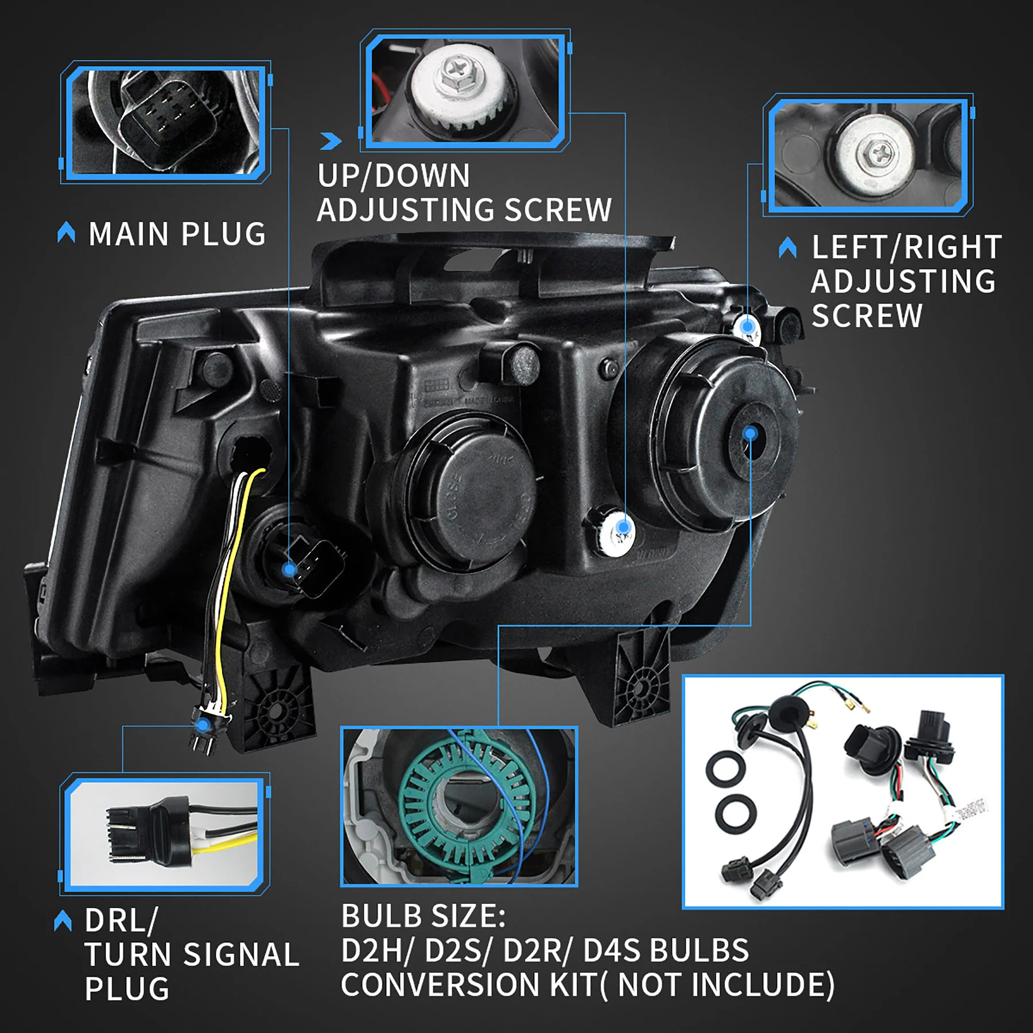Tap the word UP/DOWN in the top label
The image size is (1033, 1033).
(x=394, y=176)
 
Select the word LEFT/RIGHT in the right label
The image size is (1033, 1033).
(x=907, y=247)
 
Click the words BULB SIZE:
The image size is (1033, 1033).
(x=423, y=916)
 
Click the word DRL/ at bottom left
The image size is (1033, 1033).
(x=121, y=921)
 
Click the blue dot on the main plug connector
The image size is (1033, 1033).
(x=290, y=570)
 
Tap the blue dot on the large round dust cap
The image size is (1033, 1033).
(x=749, y=433)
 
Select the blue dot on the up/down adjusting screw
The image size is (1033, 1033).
(x=623, y=527)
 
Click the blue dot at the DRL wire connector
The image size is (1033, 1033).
(x=202, y=726)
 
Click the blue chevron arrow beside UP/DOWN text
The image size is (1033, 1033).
(x=331, y=141)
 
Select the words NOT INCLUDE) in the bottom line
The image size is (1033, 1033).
(x=726, y=985)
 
